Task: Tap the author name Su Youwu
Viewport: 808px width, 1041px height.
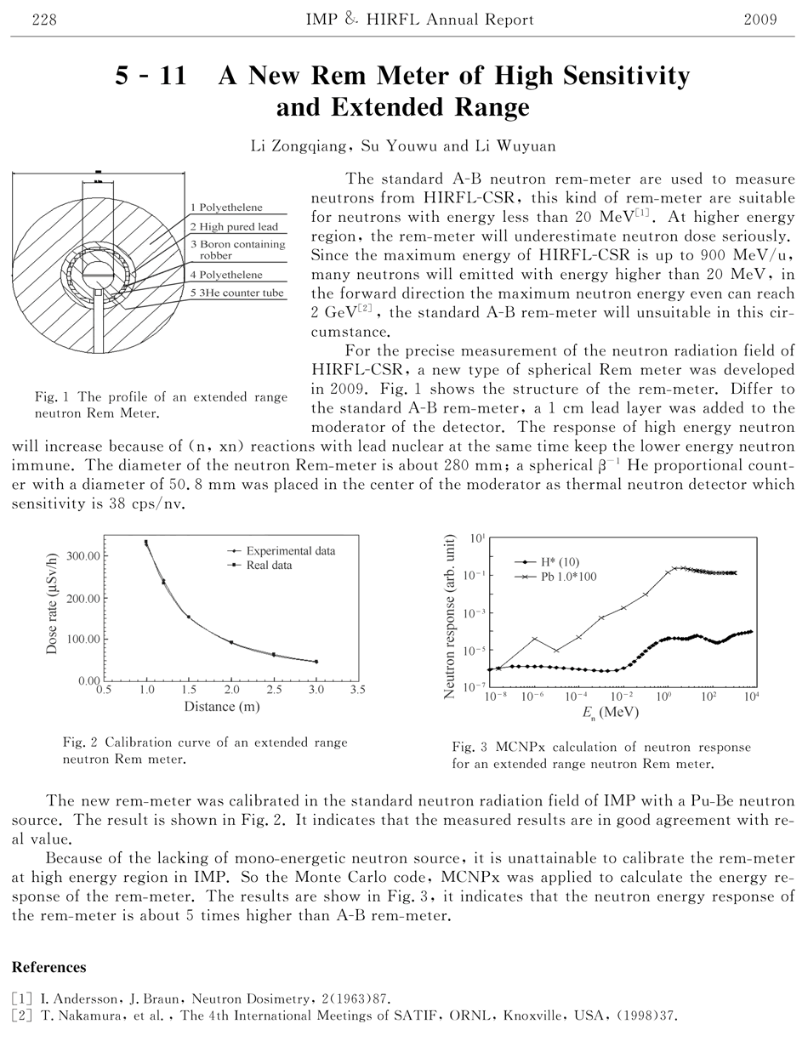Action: (x=402, y=146)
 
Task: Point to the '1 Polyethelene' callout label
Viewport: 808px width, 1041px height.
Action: (x=225, y=207)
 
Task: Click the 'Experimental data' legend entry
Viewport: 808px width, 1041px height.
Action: (x=290, y=551)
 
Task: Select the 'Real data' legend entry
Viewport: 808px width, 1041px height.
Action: (x=270, y=566)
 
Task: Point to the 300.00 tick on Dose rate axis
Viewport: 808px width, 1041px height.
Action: (x=82, y=556)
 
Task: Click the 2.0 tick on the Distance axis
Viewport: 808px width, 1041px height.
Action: (x=231, y=691)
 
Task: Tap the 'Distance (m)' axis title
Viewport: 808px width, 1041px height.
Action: (x=222, y=706)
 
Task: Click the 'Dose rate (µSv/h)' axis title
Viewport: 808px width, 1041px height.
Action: (x=52, y=607)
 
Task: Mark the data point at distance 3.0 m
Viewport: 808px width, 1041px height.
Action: (x=316, y=662)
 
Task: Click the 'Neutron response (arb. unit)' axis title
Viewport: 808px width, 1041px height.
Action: (x=452, y=617)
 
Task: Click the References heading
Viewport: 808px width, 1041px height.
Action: (x=48, y=968)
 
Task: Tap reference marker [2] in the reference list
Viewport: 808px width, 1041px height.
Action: (x=20, y=1016)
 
